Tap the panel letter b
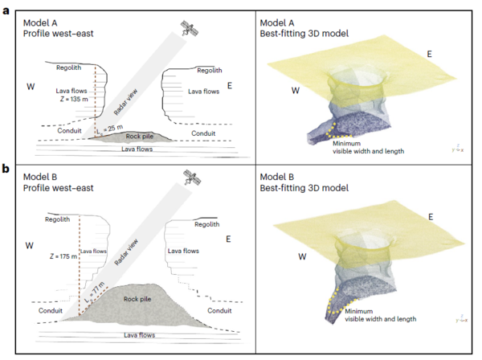click(6, 170)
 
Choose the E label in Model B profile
click(229, 239)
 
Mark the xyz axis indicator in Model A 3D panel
click(456, 149)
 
